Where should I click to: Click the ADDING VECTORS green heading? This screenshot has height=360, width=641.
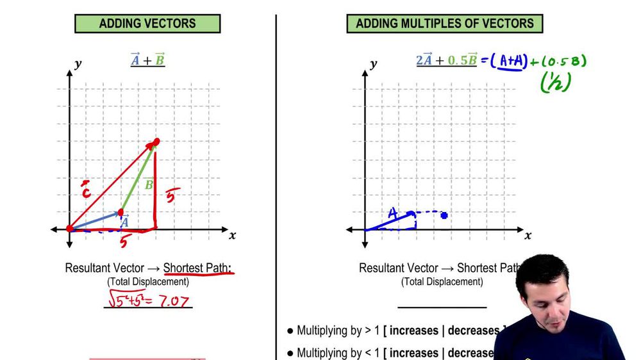coord(147,24)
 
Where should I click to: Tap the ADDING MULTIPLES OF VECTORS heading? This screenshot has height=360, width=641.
coord(444,24)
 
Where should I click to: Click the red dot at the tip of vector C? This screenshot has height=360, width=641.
coord(156,142)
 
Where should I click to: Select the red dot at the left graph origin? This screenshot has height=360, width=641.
coord(70,229)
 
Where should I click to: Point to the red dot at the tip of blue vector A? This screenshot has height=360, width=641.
coord(121,213)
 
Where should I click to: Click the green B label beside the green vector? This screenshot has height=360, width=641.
coord(149,184)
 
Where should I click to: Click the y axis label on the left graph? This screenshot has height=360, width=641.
coord(78,64)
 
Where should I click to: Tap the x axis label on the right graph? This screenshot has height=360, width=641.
coord(528,236)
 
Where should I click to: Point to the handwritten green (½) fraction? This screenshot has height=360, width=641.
coord(555,83)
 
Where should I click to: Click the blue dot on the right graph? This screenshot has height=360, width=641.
coord(444,216)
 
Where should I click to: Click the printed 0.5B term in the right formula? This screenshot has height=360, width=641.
coord(462,61)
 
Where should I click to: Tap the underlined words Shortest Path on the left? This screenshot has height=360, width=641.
coord(197,268)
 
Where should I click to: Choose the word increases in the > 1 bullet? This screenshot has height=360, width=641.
coord(414,331)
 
